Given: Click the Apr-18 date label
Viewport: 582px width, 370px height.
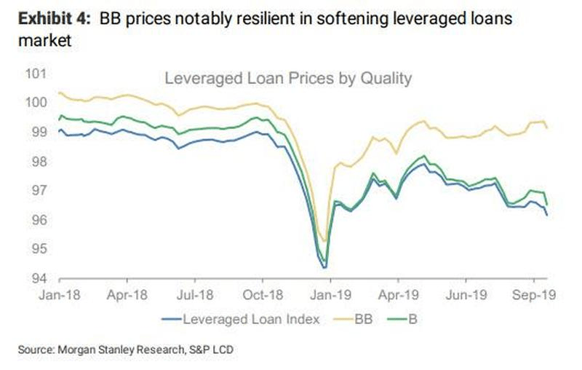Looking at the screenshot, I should (x=127, y=296).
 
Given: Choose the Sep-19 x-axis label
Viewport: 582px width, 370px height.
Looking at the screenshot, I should (x=533, y=296).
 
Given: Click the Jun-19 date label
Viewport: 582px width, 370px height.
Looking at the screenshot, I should (x=466, y=296).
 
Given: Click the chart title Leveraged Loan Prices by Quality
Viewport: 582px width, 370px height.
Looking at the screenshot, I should (x=288, y=78).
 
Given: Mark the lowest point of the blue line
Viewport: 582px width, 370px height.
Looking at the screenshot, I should (x=324, y=267).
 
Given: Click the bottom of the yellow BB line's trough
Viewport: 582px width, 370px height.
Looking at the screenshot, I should (x=324, y=240).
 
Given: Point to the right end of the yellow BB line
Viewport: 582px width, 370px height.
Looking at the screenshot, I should (x=547, y=127).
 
